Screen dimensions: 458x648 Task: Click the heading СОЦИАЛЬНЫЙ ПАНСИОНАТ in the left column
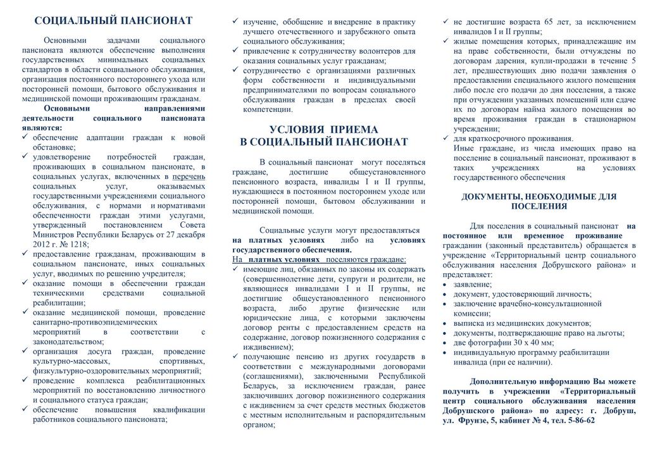pos(113,22)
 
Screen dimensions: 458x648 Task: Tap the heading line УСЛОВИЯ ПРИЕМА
pos(323,129)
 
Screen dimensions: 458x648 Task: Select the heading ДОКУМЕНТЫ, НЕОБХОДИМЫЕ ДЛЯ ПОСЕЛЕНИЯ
pos(539,201)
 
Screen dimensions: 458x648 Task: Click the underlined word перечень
pos(189,176)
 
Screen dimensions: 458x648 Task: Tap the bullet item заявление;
pos(472,284)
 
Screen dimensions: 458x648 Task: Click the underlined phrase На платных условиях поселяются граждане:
pos(319,259)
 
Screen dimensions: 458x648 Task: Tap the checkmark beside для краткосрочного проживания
pos(446,139)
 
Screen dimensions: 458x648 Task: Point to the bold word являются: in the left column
pos(42,128)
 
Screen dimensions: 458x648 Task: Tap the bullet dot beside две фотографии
pos(445,342)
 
